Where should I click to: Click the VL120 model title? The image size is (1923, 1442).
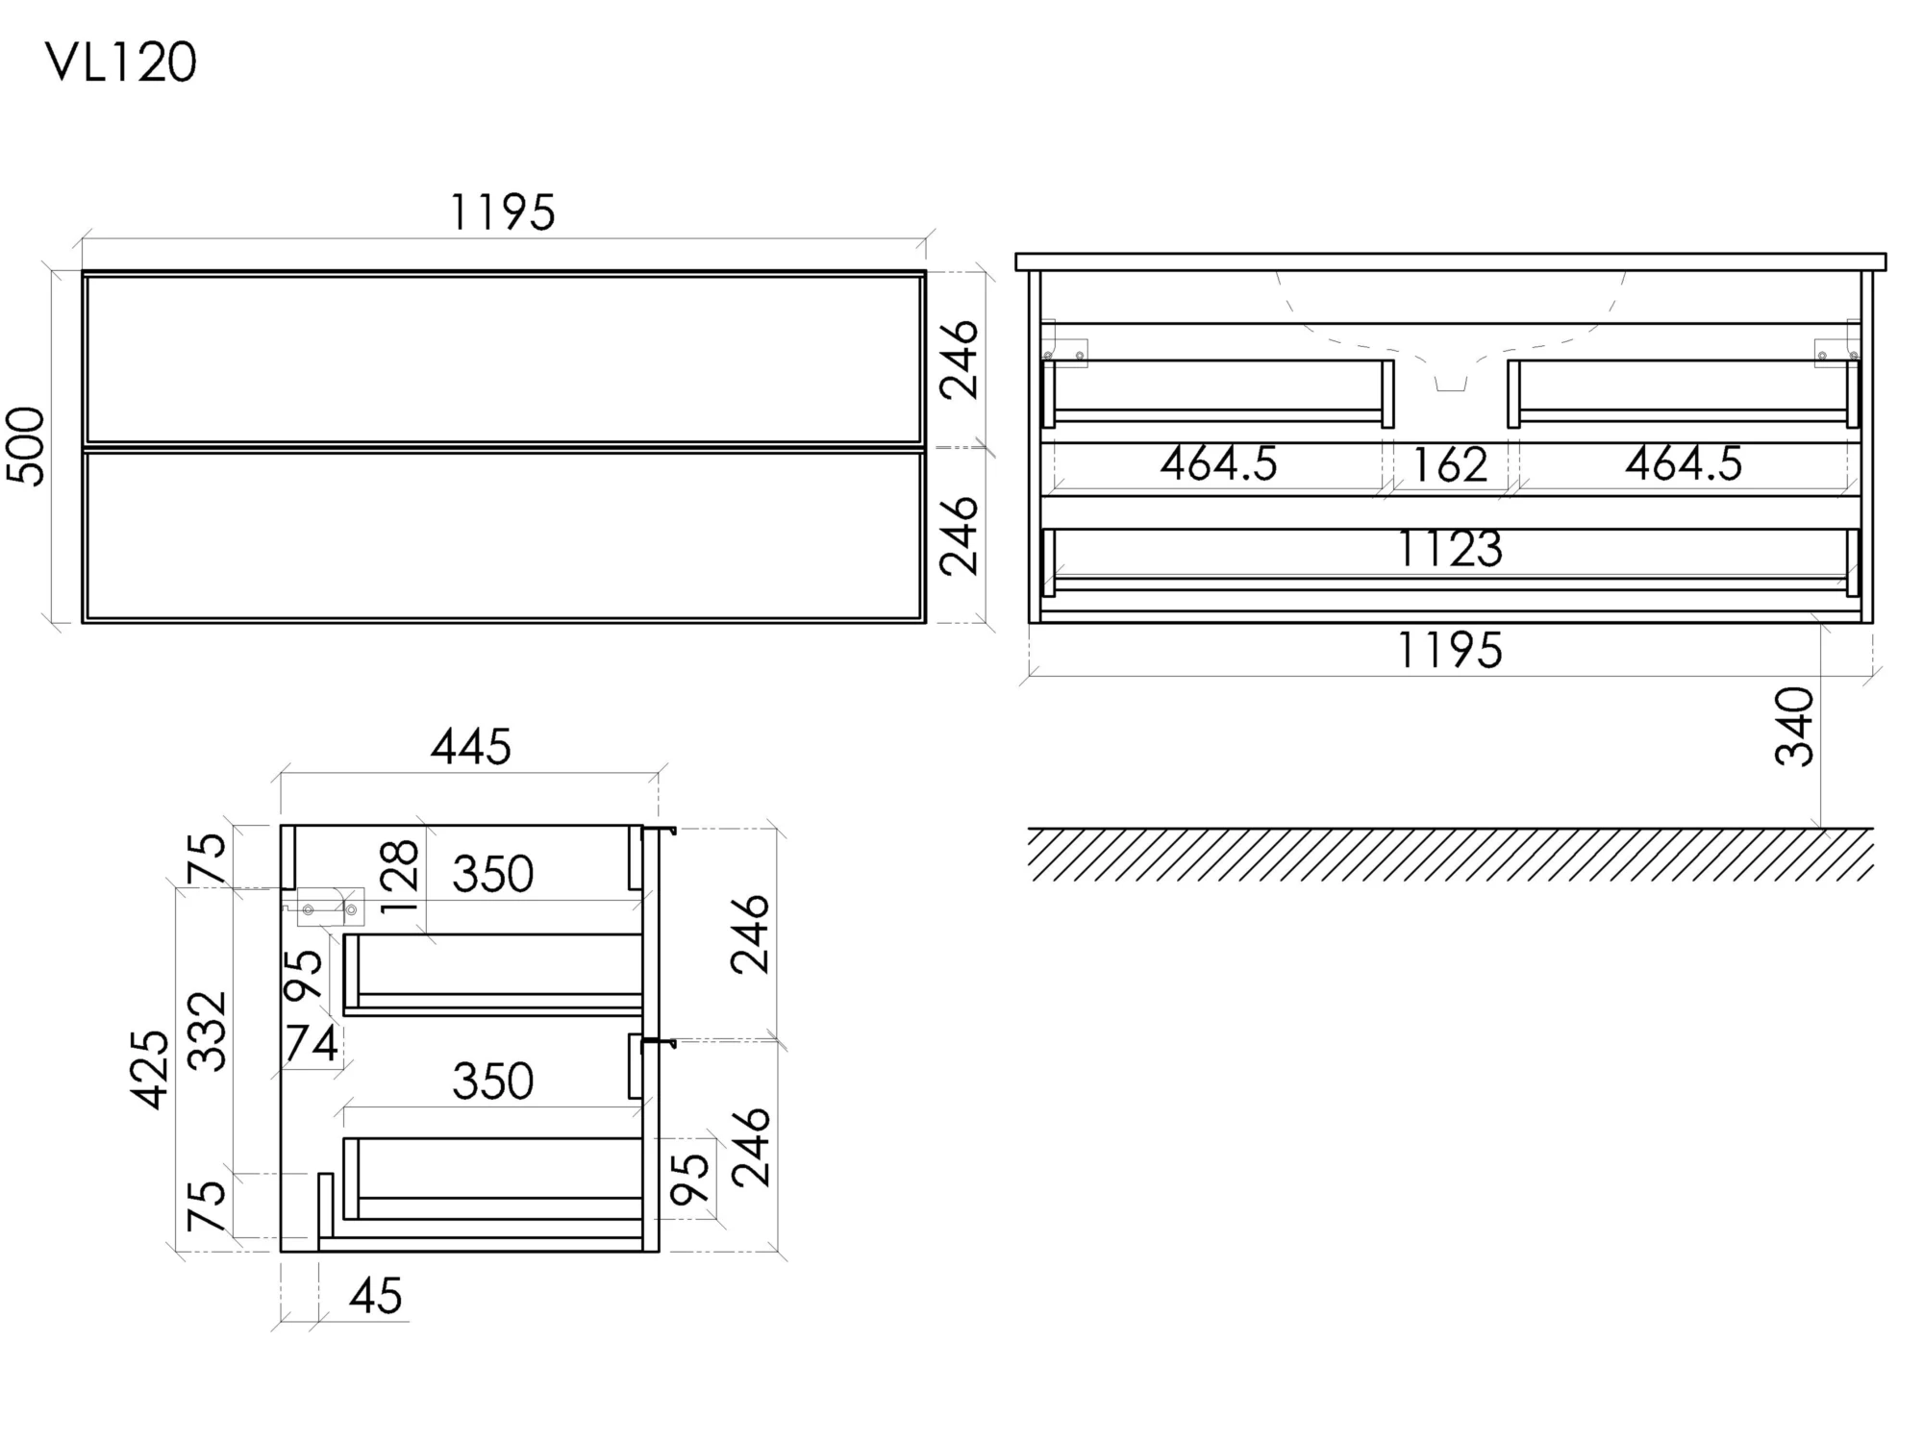point(121,63)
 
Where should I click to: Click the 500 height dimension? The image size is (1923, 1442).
point(26,446)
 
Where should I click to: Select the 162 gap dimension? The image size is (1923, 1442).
point(1450,465)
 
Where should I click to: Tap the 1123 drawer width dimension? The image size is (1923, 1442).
point(1450,549)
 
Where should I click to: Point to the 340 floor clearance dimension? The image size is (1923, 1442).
point(1794,727)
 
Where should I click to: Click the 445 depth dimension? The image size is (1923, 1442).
point(471,747)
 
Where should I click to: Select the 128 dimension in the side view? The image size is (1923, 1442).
point(400,876)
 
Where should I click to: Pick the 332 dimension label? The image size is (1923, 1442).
point(207,1032)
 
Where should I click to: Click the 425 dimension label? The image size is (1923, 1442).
point(151,1070)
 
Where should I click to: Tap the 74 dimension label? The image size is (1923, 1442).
point(312,1044)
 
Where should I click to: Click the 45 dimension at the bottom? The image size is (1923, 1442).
point(376,1297)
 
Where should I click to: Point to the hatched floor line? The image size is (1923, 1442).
point(1451,854)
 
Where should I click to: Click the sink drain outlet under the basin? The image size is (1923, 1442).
point(1451,384)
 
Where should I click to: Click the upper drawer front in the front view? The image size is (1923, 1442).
point(504,360)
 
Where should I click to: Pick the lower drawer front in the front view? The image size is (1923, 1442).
point(504,535)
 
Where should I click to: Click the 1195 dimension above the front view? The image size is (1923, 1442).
point(503,212)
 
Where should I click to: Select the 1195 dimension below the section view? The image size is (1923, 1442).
point(1450,651)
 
